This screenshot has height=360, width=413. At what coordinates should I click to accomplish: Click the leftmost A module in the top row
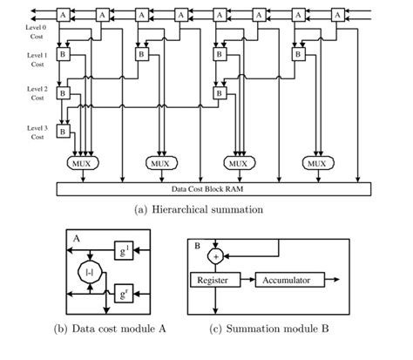[x=63, y=15]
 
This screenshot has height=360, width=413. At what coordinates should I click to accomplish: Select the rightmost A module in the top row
[x=337, y=15]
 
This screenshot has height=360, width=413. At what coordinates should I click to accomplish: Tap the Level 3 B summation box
[x=63, y=132]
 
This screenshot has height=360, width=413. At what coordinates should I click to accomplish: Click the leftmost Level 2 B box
[x=63, y=93]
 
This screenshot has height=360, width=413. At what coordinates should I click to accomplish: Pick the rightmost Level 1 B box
[x=298, y=54]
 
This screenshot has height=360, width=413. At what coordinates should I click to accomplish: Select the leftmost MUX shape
[x=83, y=163]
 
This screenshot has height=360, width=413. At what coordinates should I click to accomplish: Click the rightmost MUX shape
[x=318, y=163]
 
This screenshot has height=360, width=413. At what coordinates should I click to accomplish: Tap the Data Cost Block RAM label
[x=207, y=189]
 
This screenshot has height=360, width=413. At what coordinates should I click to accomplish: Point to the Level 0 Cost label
[x=36, y=32]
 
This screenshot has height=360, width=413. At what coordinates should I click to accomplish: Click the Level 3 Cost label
[x=37, y=132]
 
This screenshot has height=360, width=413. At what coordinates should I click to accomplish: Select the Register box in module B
[x=215, y=280]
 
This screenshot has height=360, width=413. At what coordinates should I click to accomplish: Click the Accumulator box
[x=290, y=280]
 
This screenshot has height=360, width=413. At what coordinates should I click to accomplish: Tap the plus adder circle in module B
[x=215, y=256]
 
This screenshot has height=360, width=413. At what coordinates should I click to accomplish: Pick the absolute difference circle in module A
[x=90, y=272]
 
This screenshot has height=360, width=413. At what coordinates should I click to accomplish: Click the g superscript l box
[x=124, y=250]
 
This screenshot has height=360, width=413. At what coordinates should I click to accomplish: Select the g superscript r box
[x=124, y=294]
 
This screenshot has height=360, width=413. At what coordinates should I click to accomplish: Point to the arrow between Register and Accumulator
[x=247, y=280]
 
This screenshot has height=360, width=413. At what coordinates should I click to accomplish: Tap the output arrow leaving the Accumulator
[x=332, y=280]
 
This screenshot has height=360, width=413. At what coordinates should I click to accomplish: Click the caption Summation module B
[x=277, y=329]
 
